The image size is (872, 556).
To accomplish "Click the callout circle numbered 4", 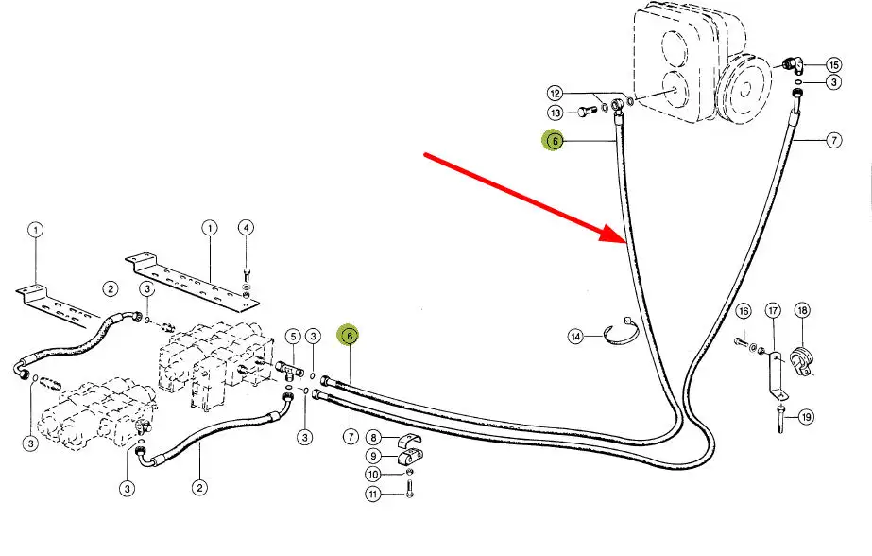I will click(x=246, y=227).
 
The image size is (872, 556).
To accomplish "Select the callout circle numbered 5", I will click(x=293, y=336).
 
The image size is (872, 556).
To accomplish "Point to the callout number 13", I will click(x=556, y=113).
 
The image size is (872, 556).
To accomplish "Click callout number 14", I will click(x=576, y=336).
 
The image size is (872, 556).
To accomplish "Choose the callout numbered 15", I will click(x=833, y=65).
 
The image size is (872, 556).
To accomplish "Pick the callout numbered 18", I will click(x=801, y=311).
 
